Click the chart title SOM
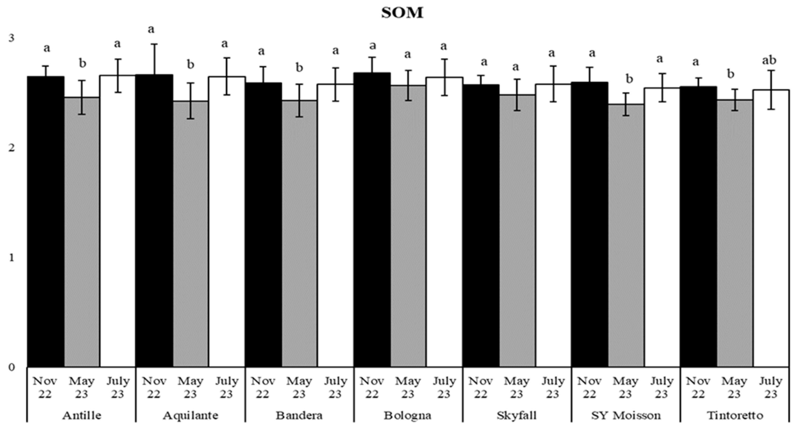402,13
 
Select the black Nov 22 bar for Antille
46,222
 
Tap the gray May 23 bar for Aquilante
190,235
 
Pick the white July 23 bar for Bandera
335,225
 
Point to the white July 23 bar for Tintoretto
771,228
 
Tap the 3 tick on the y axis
11,38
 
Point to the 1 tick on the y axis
11,257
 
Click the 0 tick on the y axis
11,367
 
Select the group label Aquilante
190,415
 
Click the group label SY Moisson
626,415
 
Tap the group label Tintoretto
735,415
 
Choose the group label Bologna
407,415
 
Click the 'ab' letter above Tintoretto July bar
769,61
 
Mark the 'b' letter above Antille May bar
82,64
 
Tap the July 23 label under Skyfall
553,387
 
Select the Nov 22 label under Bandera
263,387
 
